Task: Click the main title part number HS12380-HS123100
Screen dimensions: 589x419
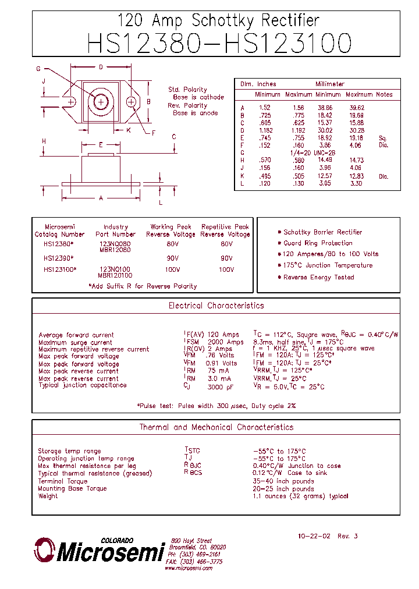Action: click(x=219, y=44)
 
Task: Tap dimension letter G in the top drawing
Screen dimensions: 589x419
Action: click(x=38, y=69)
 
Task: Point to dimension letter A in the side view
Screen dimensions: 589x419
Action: click(x=101, y=198)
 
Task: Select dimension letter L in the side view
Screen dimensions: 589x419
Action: click(x=161, y=202)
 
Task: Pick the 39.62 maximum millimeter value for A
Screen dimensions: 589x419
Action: click(x=356, y=108)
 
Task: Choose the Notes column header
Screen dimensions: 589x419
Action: click(x=384, y=94)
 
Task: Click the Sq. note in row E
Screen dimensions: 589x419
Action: click(x=382, y=138)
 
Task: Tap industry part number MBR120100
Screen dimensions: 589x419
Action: click(x=115, y=275)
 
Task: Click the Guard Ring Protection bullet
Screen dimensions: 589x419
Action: click(x=318, y=243)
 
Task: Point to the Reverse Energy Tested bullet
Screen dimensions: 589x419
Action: click(x=318, y=277)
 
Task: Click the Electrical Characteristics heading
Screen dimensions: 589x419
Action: click(x=216, y=306)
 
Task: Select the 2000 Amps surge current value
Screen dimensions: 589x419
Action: click(x=226, y=342)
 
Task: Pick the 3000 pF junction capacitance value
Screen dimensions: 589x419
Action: click(x=222, y=386)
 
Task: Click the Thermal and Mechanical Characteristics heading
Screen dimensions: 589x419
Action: click(x=216, y=427)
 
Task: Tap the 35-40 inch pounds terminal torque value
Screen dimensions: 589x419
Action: click(x=283, y=481)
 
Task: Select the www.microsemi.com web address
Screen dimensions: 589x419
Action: click(x=187, y=568)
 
